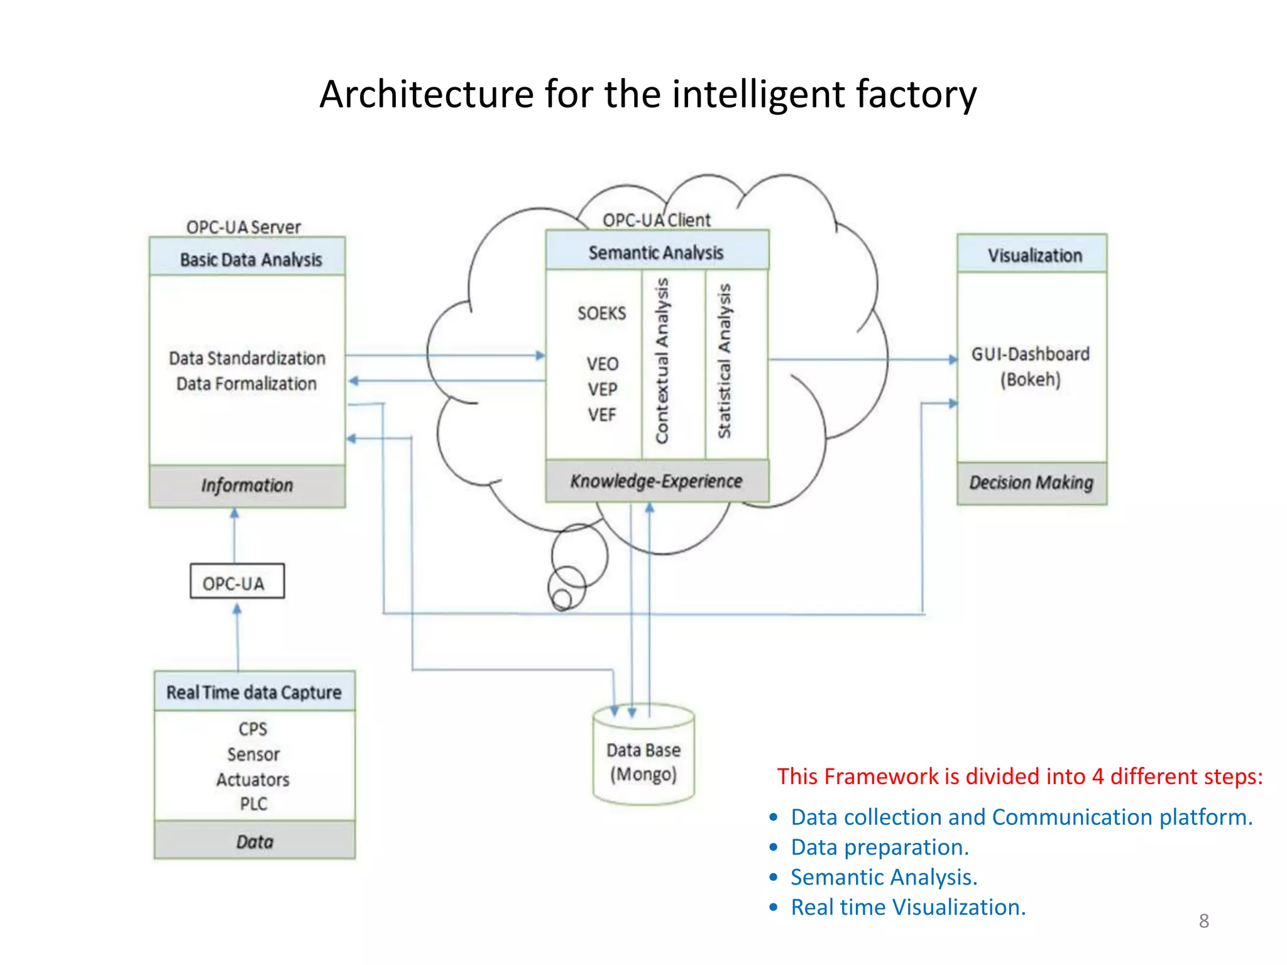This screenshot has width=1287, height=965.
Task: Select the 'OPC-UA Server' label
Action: click(x=243, y=227)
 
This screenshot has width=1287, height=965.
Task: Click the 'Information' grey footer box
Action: click(x=247, y=486)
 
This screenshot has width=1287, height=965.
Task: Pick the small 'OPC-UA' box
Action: click(x=237, y=582)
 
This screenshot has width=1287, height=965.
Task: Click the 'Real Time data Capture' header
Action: click(x=254, y=692)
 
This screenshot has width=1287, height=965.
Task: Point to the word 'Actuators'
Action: click(x=253, y=780)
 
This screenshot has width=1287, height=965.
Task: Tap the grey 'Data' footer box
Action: click(x=255, y=841)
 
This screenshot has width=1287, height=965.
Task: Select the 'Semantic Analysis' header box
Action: click(x=657, y=251)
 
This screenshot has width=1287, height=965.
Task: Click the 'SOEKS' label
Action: click(x=601, y=313)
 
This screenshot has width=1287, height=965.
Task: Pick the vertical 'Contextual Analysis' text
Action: click(x=662, y=361)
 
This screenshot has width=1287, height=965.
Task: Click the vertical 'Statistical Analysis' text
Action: click(x=725, y=361)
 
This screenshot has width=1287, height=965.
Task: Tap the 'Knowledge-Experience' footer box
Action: click(x=657, y=481)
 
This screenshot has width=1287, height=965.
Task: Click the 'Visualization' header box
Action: click(x=1034, y=255)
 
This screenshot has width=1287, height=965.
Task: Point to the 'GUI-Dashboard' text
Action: click(x=1031, y=354)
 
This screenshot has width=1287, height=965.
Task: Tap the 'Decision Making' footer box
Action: click(x=1031, y=482)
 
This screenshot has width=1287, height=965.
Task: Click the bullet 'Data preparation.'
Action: click(x=879, y=847)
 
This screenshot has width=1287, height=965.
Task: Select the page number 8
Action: click(x=1203, y=921)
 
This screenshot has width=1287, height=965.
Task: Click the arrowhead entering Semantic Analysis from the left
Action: click(x=540, y=356)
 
